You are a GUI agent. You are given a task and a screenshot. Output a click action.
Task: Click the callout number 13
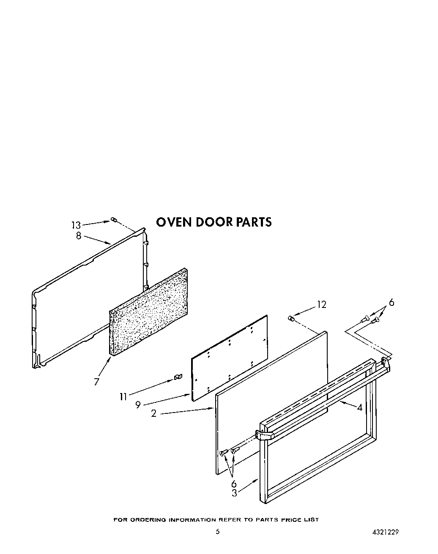click(76, 225)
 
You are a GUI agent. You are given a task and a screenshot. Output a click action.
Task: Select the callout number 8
click(79, 236)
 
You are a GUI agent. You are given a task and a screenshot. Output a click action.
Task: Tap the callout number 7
click(97, 382)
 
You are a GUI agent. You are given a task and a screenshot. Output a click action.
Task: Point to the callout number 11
click(123, 396)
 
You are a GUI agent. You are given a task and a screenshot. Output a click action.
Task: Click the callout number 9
click(138, 405)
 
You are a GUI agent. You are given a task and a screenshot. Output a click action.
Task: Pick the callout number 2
click(154, 413)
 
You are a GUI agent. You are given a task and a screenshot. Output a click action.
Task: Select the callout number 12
click(322, 305)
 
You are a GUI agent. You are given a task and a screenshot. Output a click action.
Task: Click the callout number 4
click(359, 408)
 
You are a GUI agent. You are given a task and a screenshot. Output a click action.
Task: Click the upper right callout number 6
click(391, 302)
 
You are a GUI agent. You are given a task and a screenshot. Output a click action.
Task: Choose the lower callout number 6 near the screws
click(234, 484)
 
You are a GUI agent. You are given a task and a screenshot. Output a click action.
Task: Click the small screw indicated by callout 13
click(113, 219)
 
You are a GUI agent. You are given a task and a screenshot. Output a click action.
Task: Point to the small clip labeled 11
click(178, 377)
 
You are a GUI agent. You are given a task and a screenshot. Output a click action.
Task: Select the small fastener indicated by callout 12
click(291, 318)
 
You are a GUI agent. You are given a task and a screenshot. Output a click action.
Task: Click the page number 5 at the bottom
click(217, 532)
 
